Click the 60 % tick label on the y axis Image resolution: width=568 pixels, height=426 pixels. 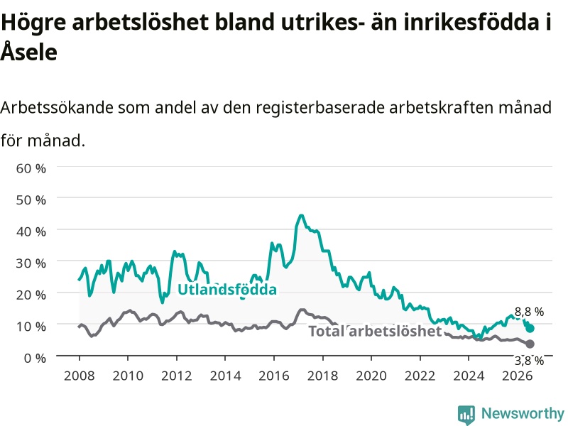(31, 168)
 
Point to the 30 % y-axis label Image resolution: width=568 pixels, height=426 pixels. (31, 263)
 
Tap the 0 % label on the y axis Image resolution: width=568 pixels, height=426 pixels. (35, 358)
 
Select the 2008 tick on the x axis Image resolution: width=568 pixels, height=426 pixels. (80, 376)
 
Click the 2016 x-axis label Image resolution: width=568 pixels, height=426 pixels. (274, 376)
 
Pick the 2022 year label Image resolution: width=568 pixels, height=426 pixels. (420, 376)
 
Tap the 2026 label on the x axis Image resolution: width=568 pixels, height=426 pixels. (518, 376)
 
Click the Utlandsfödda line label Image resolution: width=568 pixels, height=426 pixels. (227, 290)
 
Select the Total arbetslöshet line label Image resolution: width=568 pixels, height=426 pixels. (375, 331)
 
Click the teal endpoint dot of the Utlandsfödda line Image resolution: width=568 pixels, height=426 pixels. (530, 328)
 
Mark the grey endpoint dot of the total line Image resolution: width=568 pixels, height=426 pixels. (530, 344)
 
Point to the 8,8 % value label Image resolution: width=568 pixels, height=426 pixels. (529, 312)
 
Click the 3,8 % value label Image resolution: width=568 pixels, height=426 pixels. (529, 361)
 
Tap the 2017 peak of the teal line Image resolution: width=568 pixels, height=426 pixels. (301, 216)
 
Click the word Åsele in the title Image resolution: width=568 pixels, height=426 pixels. (29, 51)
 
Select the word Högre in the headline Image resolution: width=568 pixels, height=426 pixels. (33, 23)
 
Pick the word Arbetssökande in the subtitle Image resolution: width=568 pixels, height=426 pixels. (58, 108)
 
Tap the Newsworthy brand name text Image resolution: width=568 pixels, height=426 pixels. (523, 413)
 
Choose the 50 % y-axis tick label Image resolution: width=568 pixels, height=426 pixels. (31, 200)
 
